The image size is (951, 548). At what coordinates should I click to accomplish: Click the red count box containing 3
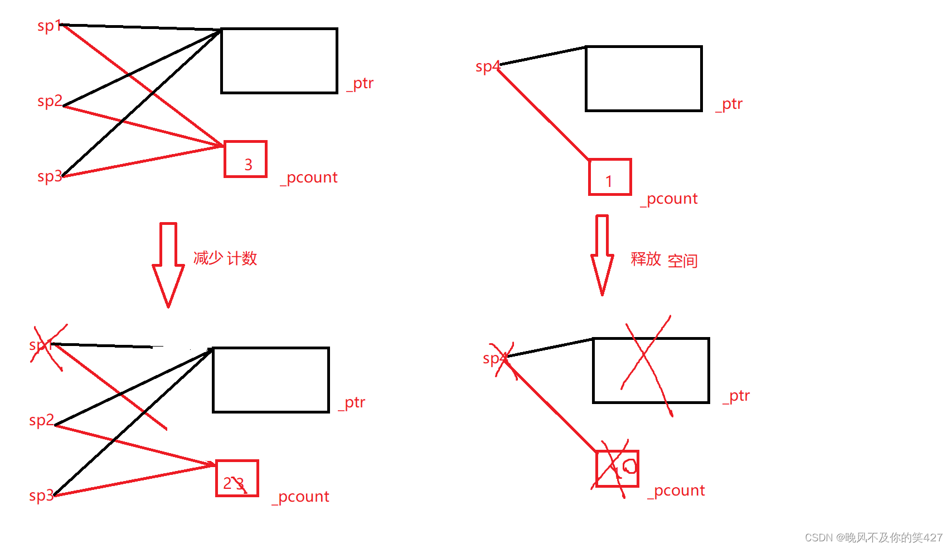point(245,159)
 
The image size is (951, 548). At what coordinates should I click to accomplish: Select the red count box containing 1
point(610,177)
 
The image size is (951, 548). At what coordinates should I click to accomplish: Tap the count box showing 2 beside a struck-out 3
point(237,478)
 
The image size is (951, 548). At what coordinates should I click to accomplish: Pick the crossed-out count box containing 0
point(617,469)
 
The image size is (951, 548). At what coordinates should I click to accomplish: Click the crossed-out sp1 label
point(42,345)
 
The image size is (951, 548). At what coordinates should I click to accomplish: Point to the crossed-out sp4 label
point(496,358)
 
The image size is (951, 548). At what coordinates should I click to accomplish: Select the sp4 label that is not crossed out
point(488,67)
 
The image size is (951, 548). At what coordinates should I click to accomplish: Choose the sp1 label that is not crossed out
point(49,26)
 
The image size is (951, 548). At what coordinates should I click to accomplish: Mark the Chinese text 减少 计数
point(225,258)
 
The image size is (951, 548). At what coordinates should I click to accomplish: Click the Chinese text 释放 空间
point(664,260)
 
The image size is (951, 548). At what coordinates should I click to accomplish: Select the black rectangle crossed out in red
point(651,370)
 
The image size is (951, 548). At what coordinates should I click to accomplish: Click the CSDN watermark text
point(873,537)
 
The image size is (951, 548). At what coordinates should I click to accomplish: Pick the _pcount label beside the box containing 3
point(309,178)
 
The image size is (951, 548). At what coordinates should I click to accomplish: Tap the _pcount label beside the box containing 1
point(669,199)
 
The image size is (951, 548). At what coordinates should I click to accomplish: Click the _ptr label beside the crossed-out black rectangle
point(736,396)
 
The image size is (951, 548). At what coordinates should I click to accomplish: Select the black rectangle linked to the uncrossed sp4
point(643,79)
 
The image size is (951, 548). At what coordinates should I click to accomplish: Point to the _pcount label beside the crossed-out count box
point(676,491)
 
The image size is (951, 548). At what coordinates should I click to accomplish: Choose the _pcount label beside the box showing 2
point(300,497)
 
